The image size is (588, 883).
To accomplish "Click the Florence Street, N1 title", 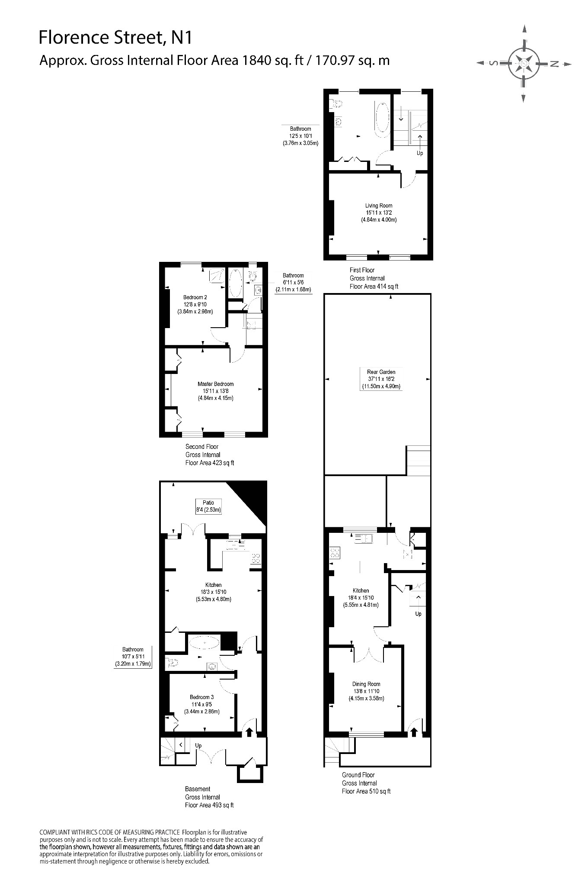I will click(115, 38).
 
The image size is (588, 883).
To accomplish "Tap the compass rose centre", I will click(524, 64).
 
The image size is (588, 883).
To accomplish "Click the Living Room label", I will click(379, 206).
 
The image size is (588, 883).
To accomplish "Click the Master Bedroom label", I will click(215, 384).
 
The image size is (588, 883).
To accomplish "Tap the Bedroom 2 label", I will click(195, 297).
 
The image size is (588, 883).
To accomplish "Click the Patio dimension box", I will click(208, 506).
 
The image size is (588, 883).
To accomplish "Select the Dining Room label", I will click(366, 684).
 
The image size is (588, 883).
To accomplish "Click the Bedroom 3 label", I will click(201, 697).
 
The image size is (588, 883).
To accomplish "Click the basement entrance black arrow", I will click(249, 732).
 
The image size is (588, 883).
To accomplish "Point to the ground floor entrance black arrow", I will click(413, 732).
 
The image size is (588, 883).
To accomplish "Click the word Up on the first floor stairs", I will click(420, 153).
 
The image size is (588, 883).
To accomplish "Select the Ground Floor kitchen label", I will click(361, 590).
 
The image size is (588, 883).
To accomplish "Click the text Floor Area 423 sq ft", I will click(210, 463).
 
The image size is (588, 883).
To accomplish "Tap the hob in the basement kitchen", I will click(255, 559).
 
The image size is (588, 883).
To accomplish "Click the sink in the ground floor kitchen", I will click(364, 538).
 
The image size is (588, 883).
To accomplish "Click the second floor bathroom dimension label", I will click(293, 282).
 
